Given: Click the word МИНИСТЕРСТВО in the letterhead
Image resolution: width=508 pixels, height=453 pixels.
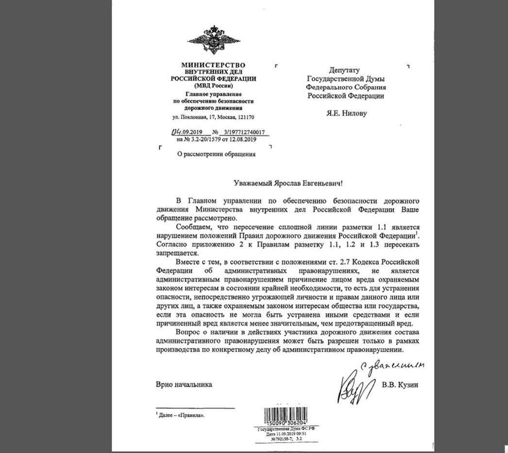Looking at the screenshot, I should click(x=214, y=65).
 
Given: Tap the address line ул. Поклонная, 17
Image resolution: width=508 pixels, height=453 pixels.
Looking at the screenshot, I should click(x=194, y=117).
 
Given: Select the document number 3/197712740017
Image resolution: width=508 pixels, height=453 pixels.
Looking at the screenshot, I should click(x=243, y=132).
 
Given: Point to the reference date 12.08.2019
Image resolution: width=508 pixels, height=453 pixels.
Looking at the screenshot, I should click(x=240, y=140).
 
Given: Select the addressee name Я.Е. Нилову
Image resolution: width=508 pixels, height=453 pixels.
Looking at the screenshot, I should click(x=347, y=114).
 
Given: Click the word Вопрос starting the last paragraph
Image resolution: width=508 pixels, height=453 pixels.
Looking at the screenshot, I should click(x=187, y=332).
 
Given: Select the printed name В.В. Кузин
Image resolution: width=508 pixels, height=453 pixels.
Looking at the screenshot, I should click(x=400, y=385).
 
